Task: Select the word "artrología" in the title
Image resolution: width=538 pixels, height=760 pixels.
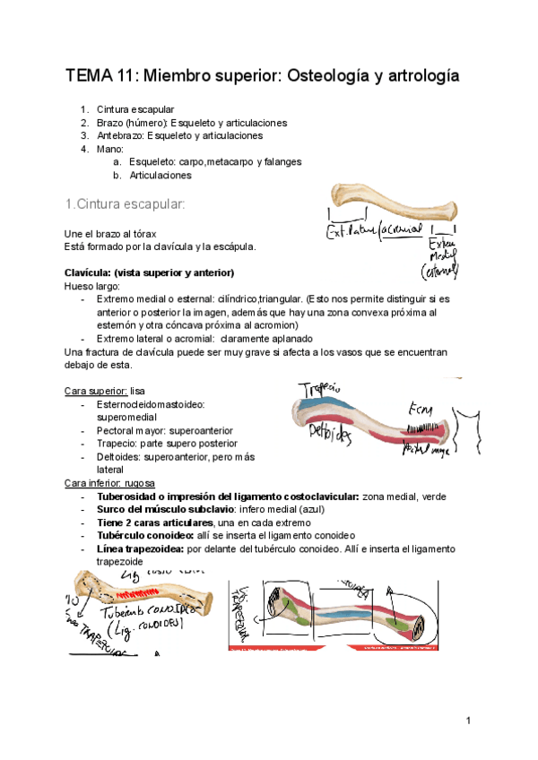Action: click(x=420, y=75)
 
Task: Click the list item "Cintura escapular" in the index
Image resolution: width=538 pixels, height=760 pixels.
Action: click(x=139, y=109)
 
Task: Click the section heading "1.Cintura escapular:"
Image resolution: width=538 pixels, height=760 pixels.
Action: click(x=125, y=204)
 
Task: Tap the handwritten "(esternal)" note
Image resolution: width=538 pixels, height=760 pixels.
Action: click(x=445, y=270)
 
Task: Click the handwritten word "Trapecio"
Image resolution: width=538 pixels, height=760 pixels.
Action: click(x=318, y=392)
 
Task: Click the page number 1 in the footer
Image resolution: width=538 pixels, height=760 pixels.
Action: click(x=468, y=721)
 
